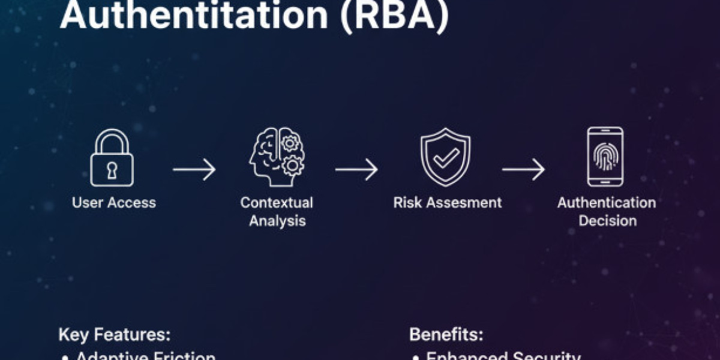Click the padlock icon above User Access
coord(112,158)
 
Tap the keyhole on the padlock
coord(112,170)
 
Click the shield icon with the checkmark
coord(446,158)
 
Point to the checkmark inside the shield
coord(446,159)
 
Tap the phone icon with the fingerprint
coord(604,157)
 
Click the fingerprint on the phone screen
coord(604,156)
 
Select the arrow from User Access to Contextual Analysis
coord(194,170)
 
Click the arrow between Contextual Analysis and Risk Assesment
coord(356,170)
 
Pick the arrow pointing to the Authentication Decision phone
coord(523,170)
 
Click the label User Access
coord(114,203)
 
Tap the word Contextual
coord(277,203)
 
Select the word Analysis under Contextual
coord(277,221)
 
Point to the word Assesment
coord(465,203)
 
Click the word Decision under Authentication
coord(607,221)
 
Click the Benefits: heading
coord(446,335)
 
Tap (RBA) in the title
coord(395,17)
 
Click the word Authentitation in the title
coord(194,17)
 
